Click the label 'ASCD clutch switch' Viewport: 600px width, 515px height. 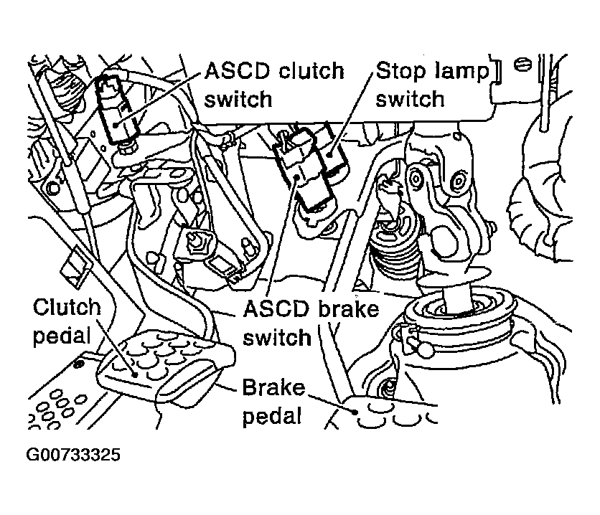click(273, 84)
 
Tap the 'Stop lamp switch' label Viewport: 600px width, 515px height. click(430, 84)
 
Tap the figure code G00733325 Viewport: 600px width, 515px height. click(74, 455)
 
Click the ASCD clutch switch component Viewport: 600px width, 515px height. click(115, 108)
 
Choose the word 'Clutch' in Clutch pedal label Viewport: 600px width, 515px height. click(67, 309)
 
